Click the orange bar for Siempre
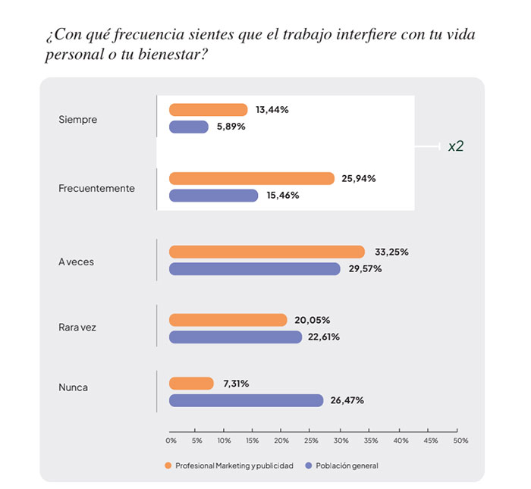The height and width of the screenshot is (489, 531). tap(208, 110)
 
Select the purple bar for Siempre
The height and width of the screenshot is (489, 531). tap(188, 127)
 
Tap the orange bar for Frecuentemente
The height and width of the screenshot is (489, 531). tap(251, 178)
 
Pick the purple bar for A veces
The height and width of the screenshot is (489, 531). tap(254, 268)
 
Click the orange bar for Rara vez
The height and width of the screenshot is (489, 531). tap(228, 320)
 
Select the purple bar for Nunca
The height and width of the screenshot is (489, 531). tap(246, 400)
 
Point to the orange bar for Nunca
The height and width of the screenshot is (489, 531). tap(191, 384)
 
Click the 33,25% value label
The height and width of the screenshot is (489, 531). tap(391, 252)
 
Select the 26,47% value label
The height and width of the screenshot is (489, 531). tap(347, 400)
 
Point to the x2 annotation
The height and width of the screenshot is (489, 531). tap(455, 146)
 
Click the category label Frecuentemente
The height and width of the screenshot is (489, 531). tap(96, 188)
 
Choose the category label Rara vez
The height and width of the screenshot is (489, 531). tap(77, 328)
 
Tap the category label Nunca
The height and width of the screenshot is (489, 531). tap(73, 387)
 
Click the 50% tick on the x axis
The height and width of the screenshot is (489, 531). tap(460, 440)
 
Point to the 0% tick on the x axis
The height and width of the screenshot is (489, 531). tap(171, 440)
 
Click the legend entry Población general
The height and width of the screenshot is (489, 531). tap(346, 465)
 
